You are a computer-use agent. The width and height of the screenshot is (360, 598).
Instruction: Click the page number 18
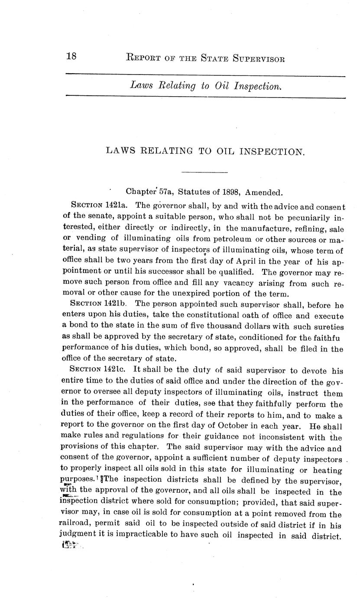click(71, 56)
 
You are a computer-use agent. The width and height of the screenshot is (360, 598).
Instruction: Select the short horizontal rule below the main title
click(204, 172)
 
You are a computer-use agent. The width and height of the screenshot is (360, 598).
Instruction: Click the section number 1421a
click(117, 205)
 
